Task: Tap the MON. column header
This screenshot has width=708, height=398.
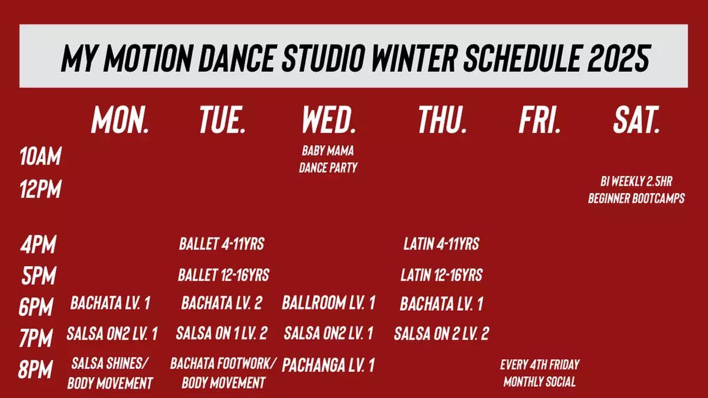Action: pos(120,120)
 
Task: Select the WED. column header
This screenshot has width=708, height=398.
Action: pos(329,120)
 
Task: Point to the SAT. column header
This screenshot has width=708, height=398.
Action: pos(636,120)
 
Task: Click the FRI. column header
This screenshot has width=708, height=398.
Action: pos(539,120)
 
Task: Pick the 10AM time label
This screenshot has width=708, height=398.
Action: pos(40,157)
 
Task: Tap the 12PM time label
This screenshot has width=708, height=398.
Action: pos(40,190)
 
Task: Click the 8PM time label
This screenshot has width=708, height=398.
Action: pos(36,370)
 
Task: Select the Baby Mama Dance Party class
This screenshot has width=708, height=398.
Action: pos(328,159)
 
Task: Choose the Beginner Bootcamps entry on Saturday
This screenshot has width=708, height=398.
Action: pos(636,190)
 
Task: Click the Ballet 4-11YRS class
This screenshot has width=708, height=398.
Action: pos(221,244)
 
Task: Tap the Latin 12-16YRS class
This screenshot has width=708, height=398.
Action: pos(441,275)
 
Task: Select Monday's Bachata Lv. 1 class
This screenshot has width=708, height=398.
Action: pos(110,304)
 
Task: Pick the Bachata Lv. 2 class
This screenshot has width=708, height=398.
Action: pos(222,304)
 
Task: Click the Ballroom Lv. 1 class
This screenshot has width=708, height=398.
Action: pos(329,304)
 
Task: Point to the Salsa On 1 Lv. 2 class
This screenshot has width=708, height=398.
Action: pos(222,334)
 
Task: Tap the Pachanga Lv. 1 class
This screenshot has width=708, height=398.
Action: pos(329,365)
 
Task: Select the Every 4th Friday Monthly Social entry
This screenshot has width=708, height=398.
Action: pos(539,373)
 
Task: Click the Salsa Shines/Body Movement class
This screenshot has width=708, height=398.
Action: pos(110,373)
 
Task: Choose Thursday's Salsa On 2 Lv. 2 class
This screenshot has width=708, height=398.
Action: pos(441,334)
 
